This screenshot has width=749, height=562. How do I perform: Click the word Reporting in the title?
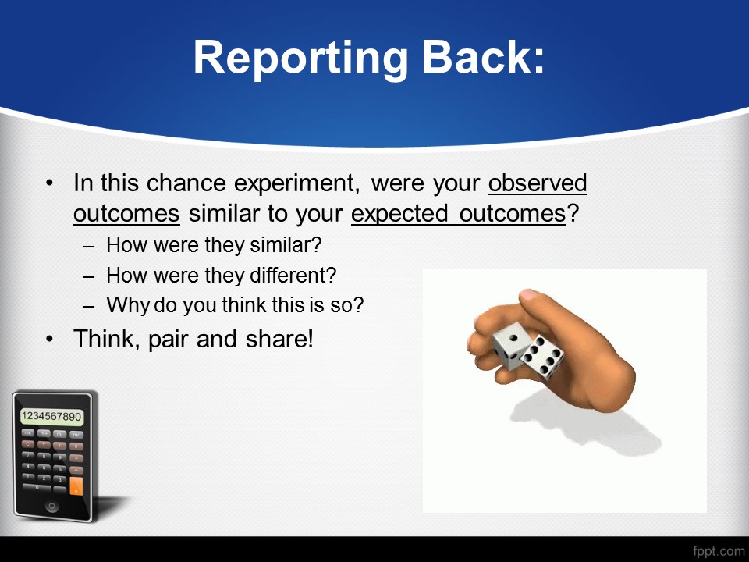pyautogui.click(x=300, y=58)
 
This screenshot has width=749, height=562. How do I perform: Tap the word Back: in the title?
pyautogui.click(x=484, y=56)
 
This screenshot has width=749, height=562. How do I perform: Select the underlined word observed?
pyautogui.click(x=538, y=183)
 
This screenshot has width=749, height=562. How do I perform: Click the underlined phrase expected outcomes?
pyautogui.click(x=459, y=214)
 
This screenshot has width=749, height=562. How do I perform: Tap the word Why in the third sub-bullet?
pyautogui.click(x=127, y=305)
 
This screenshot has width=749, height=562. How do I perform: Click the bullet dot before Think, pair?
pyautogui.click(x=50, y=339)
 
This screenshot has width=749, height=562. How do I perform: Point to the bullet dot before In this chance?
pyautogui.click(x=50, y=183)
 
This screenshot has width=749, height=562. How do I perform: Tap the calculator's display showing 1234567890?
pyautogui.click(x=51, y=416)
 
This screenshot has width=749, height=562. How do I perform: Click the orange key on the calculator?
pyautogui.click(x=76, y=486)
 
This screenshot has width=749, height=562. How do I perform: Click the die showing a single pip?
pyautogui.click(x=510, y=346)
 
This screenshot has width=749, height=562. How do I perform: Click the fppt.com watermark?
pyautogui.click(x=719, y=551)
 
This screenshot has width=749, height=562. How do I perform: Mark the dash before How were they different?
pyautogui.click(x=88, y=276)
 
